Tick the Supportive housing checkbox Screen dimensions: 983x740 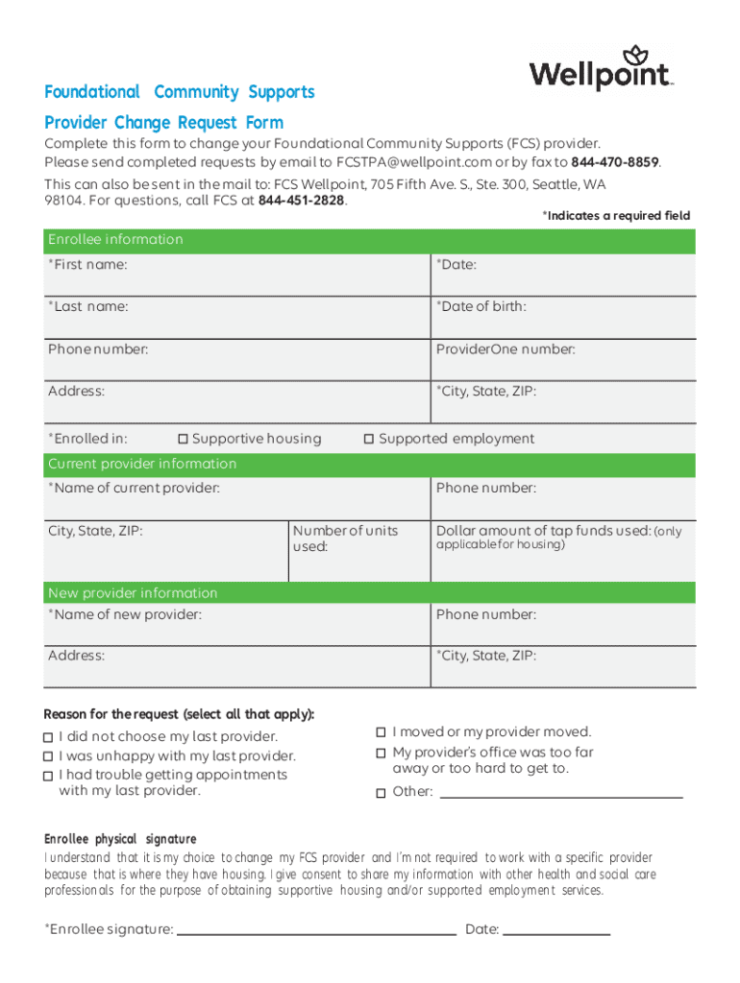click(183, 440)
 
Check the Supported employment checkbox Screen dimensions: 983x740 click(368, 440)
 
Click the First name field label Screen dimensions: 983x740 click(87, 264)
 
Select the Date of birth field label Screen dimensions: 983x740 click(481, 306)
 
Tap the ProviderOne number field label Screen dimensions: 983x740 click(506, 349)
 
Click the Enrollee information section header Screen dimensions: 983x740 click(115, 240)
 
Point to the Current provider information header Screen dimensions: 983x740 click(142, 465)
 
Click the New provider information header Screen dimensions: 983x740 click(133, 593)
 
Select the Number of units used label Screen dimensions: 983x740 click(344, 539)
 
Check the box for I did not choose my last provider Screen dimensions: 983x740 click(48, 737)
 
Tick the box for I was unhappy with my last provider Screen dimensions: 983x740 click(48, 756)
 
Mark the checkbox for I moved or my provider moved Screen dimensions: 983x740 click(382, 732)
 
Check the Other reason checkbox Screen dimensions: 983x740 click(382, 793)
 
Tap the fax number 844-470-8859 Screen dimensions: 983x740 click(614, 162)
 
